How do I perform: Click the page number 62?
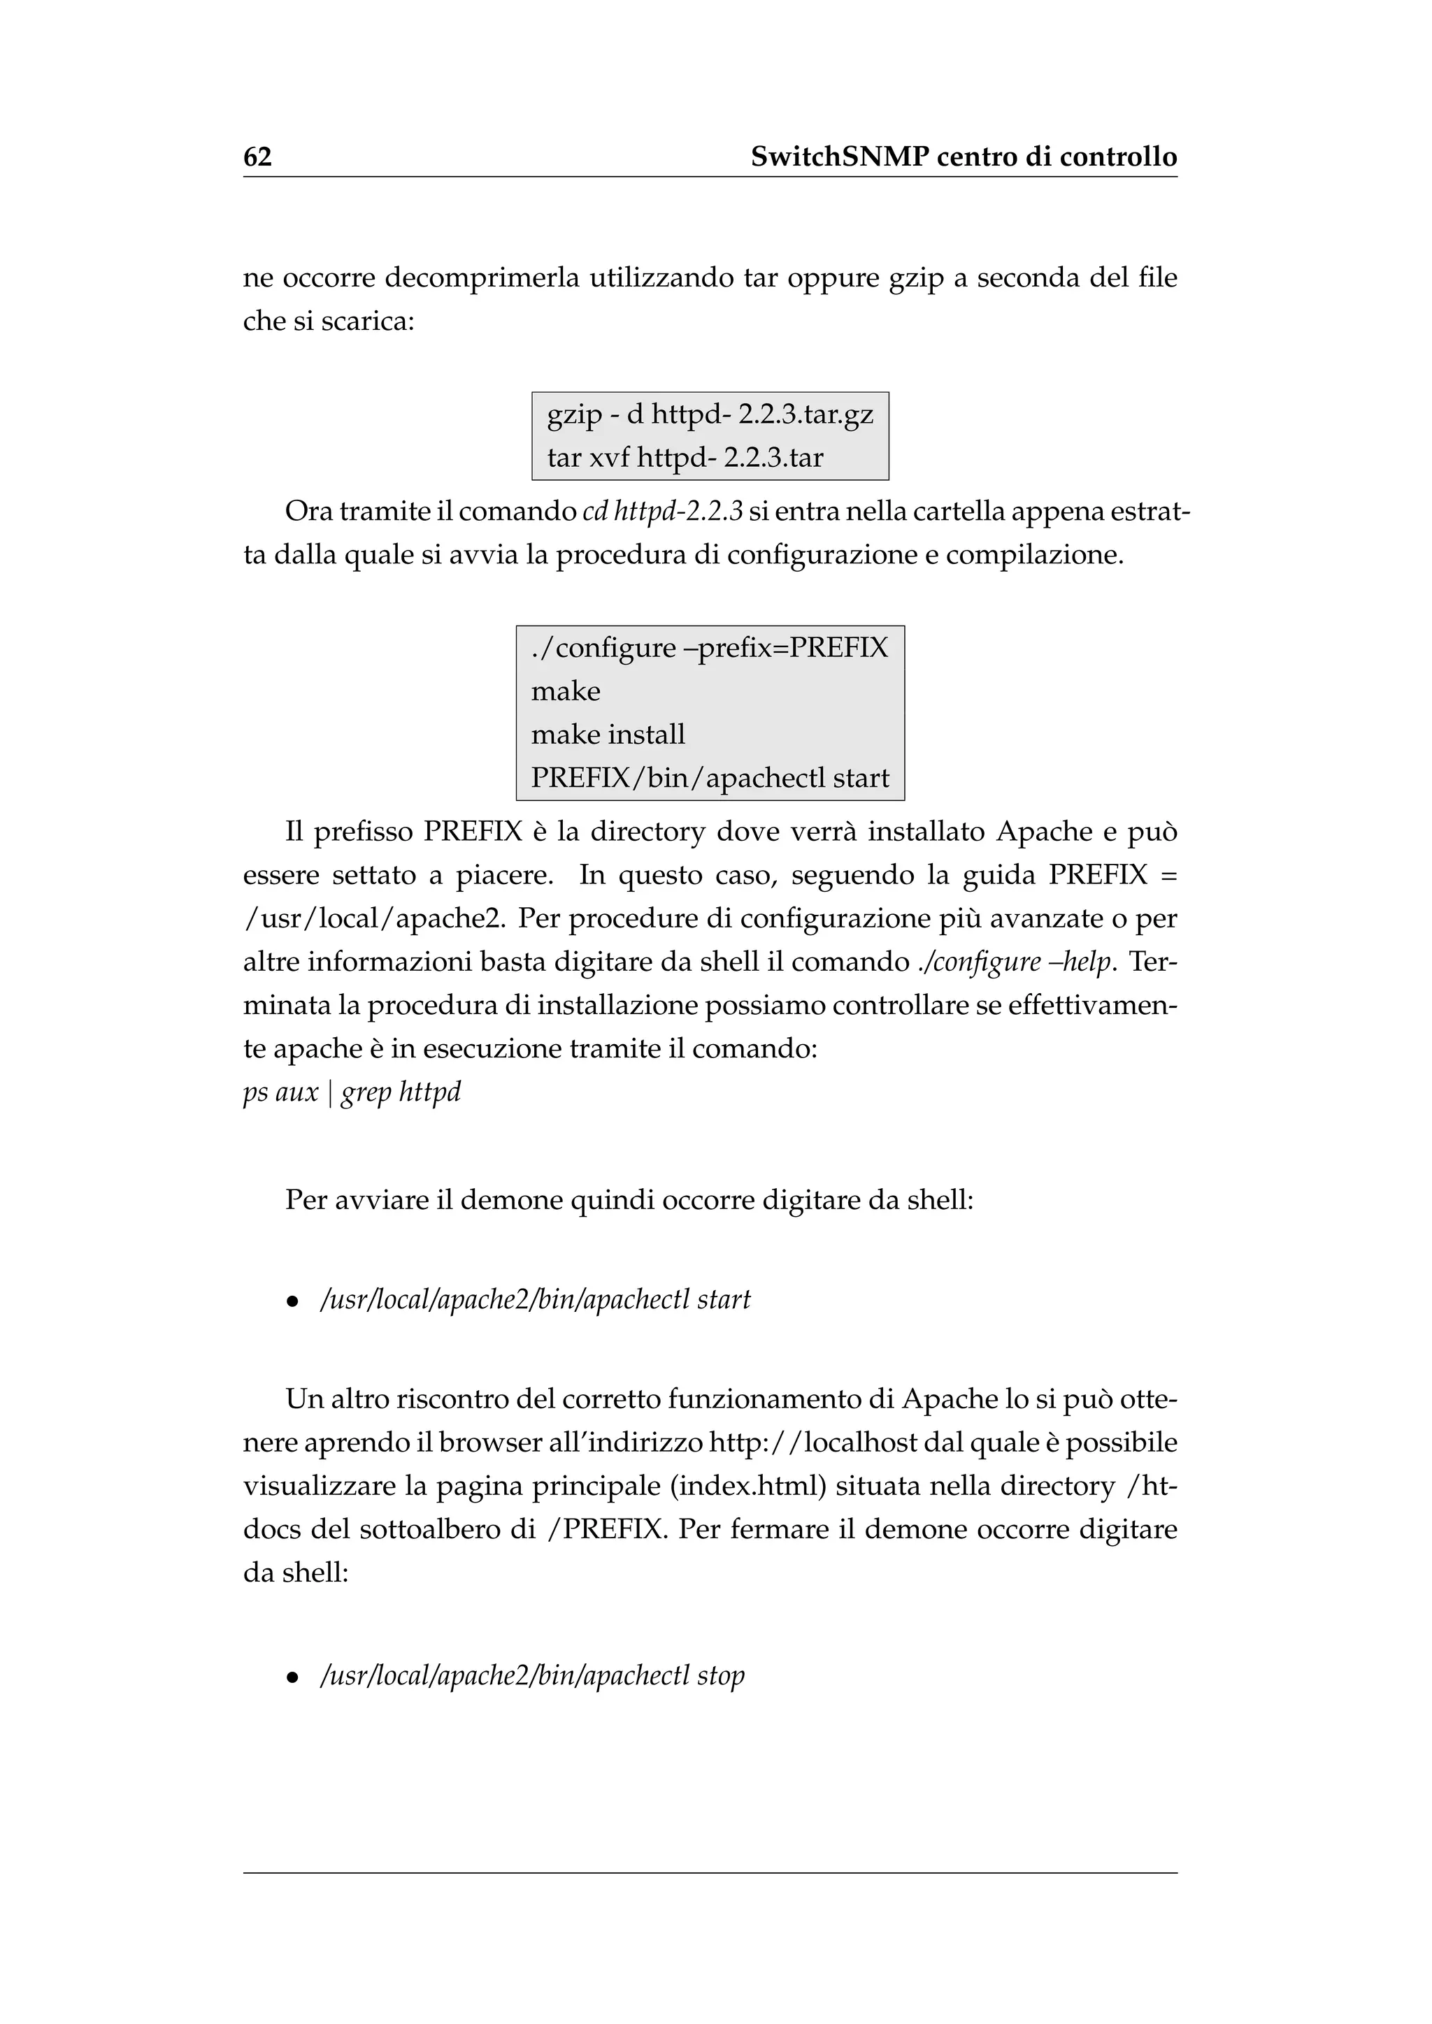click(x=257, y=157)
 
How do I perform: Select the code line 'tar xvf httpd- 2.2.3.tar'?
click(x=685, y=458)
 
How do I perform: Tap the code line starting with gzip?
click(x=709, y=414)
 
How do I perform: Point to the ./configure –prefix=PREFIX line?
click(x=709, y=648)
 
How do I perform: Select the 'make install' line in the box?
click(x=608, y=735)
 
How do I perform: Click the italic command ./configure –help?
click(x=1013, y=962)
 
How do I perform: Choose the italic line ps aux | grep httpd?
click(x=352, y=1092)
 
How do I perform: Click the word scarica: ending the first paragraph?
click(x=368, y=321)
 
